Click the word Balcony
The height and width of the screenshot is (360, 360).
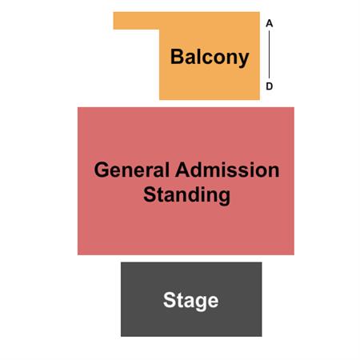pyautogui.click(x=210, y=57)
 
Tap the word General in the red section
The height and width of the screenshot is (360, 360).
pyautogui.click(x=132, y=170)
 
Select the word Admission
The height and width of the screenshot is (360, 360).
pyautogui.click(x=227, y=170)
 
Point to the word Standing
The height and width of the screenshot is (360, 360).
pyautogui.click(x=186, y=195)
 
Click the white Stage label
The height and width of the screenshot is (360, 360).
pyautogui.click(x=191, y=301)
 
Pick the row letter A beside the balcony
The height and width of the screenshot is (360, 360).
pyautogui.click(x=270, y=23)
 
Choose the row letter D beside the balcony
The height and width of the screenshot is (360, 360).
pyautogui.click(x=270, y=86)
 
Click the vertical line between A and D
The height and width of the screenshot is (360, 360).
pyautogui.click(x=269, y=54)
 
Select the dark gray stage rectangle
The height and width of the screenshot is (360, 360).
pyautogui.click(x=191, y=299)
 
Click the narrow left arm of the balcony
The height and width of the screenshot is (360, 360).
pyautogui.click(x=136, y=21)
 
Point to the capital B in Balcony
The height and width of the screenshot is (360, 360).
pyautogui.click(x=177, y=56)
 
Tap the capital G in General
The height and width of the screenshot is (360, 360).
pyautogui.click(x=102, y=170)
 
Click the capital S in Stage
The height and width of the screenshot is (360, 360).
pyautogui.click(x=170, y=300)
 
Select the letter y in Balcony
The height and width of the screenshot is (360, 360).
pyautogui.click(x=243, y=60)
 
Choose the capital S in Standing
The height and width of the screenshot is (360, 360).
pyautogui.click(x=150, y=194)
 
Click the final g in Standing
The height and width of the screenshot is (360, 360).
pyautogui.click(x=224, y=198)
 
